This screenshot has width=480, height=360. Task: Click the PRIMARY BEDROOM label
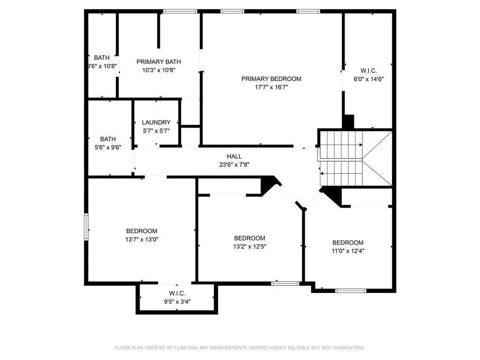271,79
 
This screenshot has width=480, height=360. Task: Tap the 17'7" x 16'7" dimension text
271,87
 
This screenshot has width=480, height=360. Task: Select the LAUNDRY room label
156,122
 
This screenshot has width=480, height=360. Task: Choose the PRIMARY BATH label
158,62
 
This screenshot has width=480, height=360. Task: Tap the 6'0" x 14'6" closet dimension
368,79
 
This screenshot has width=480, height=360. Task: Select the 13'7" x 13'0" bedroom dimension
142,239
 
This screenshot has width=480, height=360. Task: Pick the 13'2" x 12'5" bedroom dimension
249,246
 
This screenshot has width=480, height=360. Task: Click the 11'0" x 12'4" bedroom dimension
348,251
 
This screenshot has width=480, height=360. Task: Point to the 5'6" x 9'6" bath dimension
107,147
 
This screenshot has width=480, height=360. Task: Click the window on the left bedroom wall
86,227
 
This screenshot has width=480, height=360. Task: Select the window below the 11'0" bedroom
351,291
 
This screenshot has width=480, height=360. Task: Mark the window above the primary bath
180,11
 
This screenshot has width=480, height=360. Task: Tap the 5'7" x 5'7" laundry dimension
156,131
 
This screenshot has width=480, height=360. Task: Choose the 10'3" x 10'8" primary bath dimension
158,70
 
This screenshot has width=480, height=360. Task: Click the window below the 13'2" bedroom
285,283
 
